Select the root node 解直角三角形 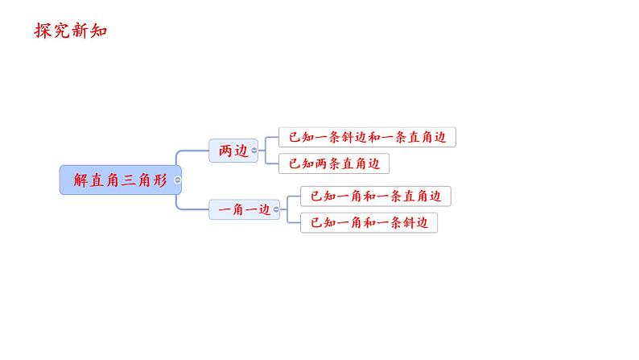click(120, 180)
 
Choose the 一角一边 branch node click(241, 210)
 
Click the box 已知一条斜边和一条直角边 click(367, 137)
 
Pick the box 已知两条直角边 click(334, 163)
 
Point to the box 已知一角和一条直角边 click(376, 196)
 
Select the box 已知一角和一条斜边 click(369, 222)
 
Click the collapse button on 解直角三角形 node click(178, 180)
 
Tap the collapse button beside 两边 click(254, 151)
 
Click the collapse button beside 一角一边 click(277, 210)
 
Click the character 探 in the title click(43, 31)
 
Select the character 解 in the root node click(80, 180)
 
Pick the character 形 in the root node click(159, 180)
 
